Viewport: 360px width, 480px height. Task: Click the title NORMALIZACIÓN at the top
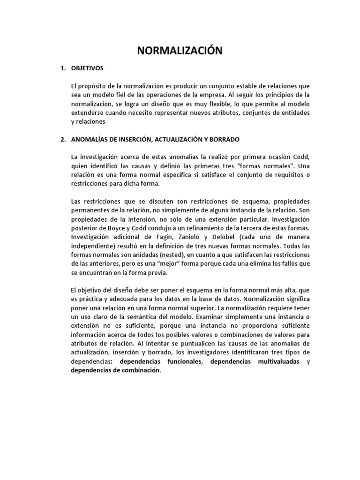(180, 51)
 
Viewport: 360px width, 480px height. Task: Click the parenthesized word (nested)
(172, 255)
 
